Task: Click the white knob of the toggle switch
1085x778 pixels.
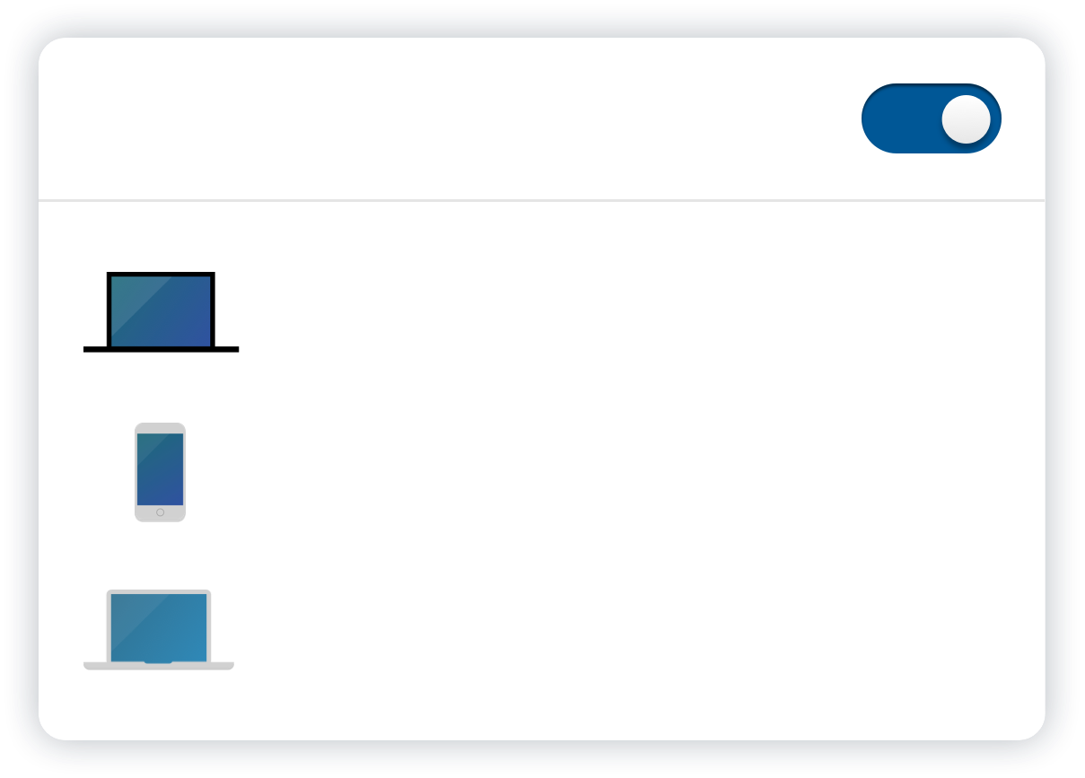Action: coord(966,118)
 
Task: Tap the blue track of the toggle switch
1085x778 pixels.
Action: coord(897,118)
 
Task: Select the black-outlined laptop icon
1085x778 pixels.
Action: coord(162,312)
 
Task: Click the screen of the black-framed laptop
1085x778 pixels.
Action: coord(162,310)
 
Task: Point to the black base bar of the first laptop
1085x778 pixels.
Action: coord(162,348)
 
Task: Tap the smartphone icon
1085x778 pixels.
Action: coord(160,472)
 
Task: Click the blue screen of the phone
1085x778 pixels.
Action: coord(160,468)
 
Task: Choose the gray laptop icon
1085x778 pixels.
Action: coord(159,629)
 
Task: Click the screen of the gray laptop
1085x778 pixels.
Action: coord(159,626)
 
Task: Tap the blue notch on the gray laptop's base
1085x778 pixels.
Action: coord(158,662)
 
